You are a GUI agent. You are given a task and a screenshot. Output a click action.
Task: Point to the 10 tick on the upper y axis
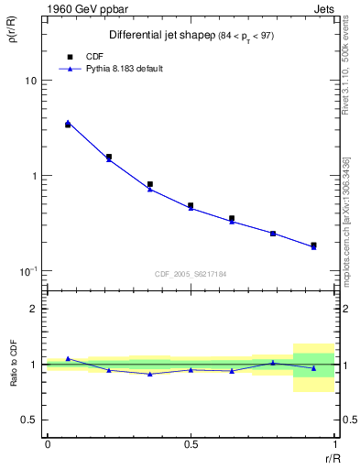(x=29, y=81)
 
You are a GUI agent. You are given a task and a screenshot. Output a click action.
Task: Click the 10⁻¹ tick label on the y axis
(x=27, y=271)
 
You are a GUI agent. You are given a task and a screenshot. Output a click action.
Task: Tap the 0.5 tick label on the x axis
(x=191, y=443)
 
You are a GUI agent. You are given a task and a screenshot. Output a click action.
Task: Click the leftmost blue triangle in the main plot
(x=68, y=122)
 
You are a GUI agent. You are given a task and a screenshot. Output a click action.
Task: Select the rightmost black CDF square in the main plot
(x=313, y=245)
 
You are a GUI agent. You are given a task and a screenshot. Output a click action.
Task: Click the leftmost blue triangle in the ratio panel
(x=68, y=358)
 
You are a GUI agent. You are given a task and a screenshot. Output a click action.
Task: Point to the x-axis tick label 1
(x=333, y=443)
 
